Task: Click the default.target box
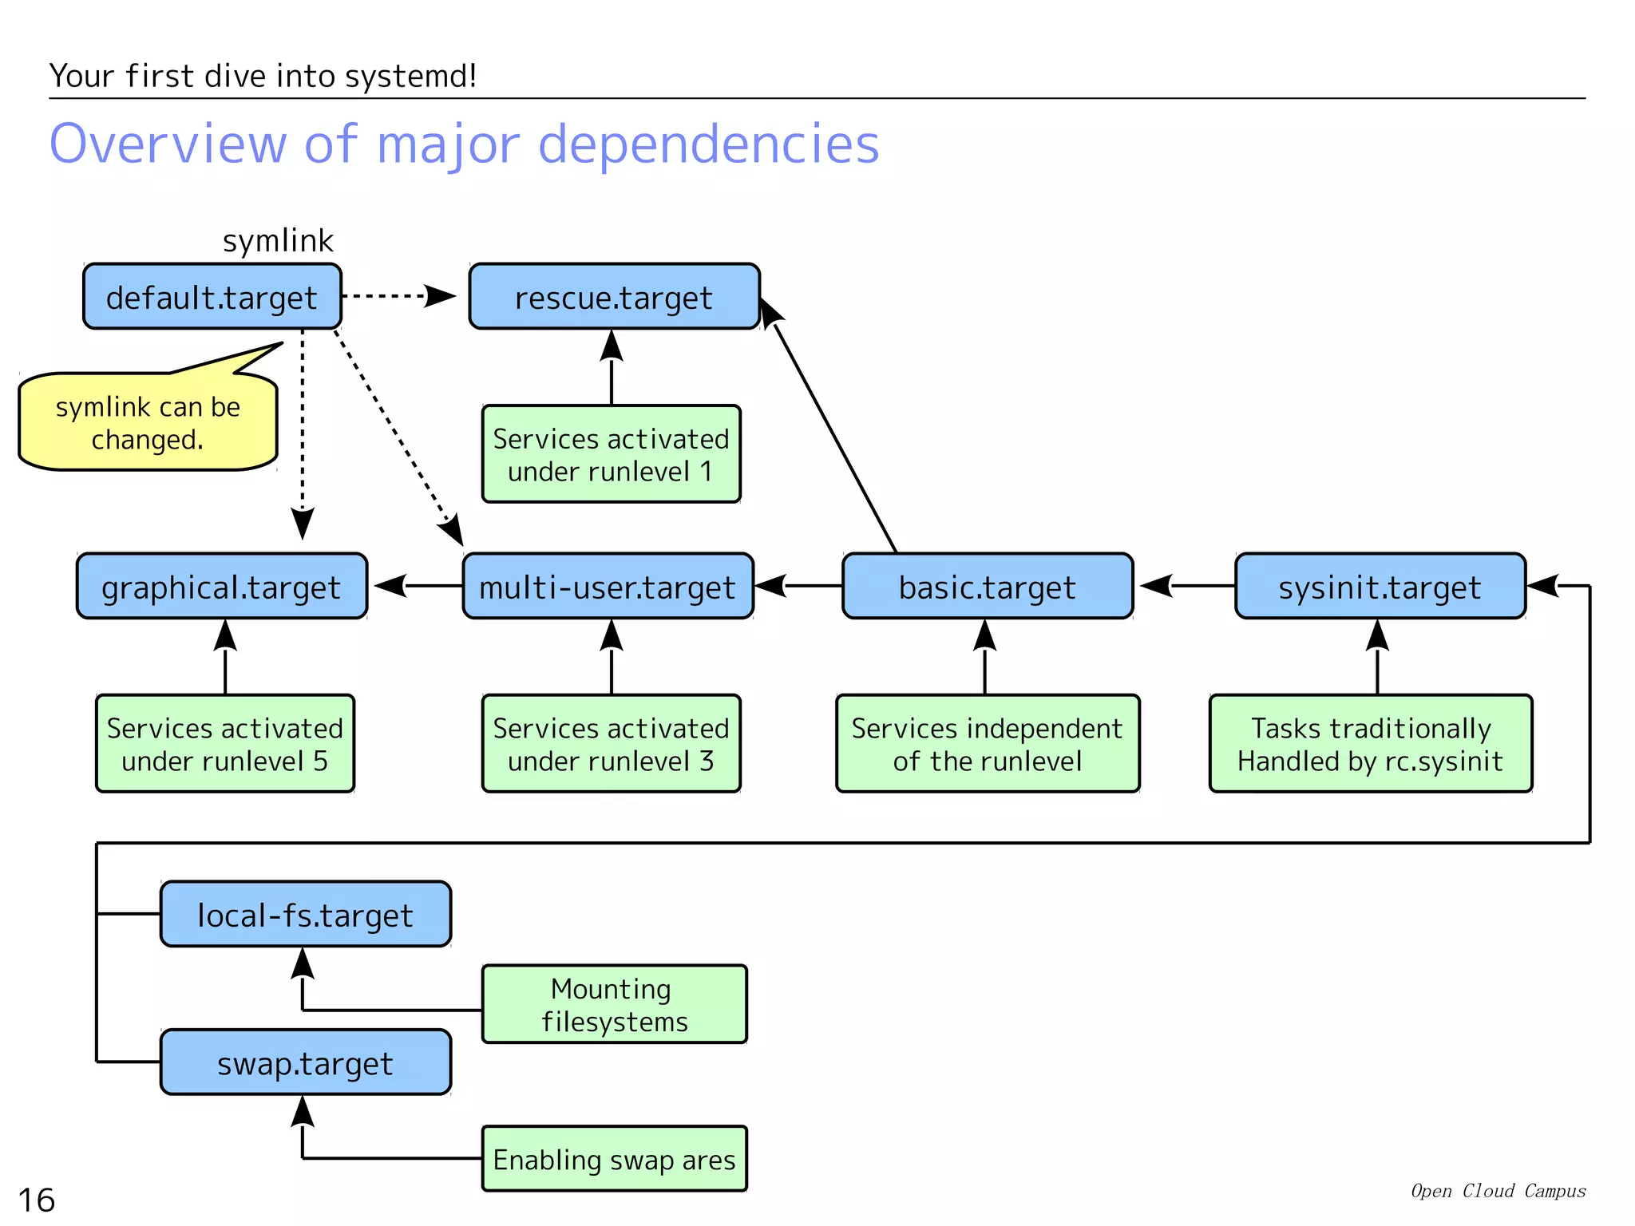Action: pyautogui.click(x=212, y=297)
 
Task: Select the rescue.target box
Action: pyautogui.click(x=614, y=297)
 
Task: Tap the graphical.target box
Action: pyautogui.click(x=222, y=587)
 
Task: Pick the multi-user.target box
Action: pyautogui.click(x=608, y=587)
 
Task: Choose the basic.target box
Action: pyautogui.click(x=988, y=587)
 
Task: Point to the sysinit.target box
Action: pyautogui.click(x=1380, y=587)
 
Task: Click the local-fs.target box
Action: pyautogui.click(x=306, y=915)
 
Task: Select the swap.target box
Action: pyautogui.click(x=306, y=1062)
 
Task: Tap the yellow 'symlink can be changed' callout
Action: pyautogui.click(x=148, y=423)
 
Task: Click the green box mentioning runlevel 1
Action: pyautogui.click(x=612, y=454)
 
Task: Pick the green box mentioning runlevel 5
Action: pyautogui.click(x=225, y=744)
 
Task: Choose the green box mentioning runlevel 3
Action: pyautogui.click(x=612, y=744)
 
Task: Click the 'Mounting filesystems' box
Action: pyautogui.click(x=614, y=1004)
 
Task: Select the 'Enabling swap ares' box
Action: pyautogui.click(x=614, y=1159)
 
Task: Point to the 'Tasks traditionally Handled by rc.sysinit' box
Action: pyautogui.click(x=1370, y=744)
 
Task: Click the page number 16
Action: pyautogui.click(x=37, y=1200)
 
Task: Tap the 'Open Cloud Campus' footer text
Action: pyautogui.click(x=1498, y=1191)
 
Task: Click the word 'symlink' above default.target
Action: pyautogui.click(x=278, y=241)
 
